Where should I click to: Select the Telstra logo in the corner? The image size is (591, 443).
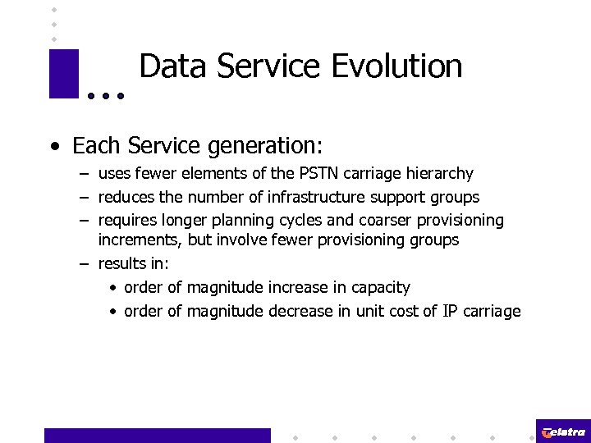coord(563,432)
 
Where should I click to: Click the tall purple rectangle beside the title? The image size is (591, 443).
coord(63,74)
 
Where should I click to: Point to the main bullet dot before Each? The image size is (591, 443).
coord(53,148)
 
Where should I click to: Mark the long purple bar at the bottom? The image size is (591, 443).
coord(157,435)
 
